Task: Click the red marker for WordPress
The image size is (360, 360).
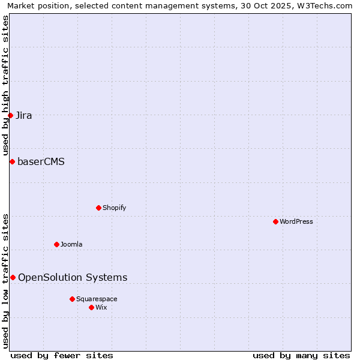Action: (x=275, y=221)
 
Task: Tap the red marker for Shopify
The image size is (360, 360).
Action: (x=98, y=208)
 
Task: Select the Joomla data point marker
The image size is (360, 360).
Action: (x=56, y=244)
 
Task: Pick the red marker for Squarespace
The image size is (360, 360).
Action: (x=72, y=299)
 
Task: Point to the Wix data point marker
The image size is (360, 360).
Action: (x=91, y=307)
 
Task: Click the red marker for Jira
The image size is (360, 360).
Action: (x=11, y=115)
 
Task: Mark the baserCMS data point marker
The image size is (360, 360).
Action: (x=12, y=161)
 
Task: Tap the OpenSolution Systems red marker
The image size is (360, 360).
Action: (x=13, y=277)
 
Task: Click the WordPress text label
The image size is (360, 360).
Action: (x=296, y=221)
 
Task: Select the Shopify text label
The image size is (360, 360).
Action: (x=114, y=208)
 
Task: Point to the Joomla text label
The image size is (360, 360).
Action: (x=71, y=244)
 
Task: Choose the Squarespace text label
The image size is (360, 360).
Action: (x=97, y=299)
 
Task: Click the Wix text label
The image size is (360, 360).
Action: (x=101, y=307)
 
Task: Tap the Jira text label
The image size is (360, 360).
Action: (x=24, y=115)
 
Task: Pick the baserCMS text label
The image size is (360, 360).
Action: (x=41, y=161)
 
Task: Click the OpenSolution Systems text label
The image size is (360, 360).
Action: (x=73, y=277)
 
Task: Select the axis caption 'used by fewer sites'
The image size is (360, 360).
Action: (x=62, y=355)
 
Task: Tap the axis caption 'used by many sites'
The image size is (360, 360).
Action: (x=301, y=355)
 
